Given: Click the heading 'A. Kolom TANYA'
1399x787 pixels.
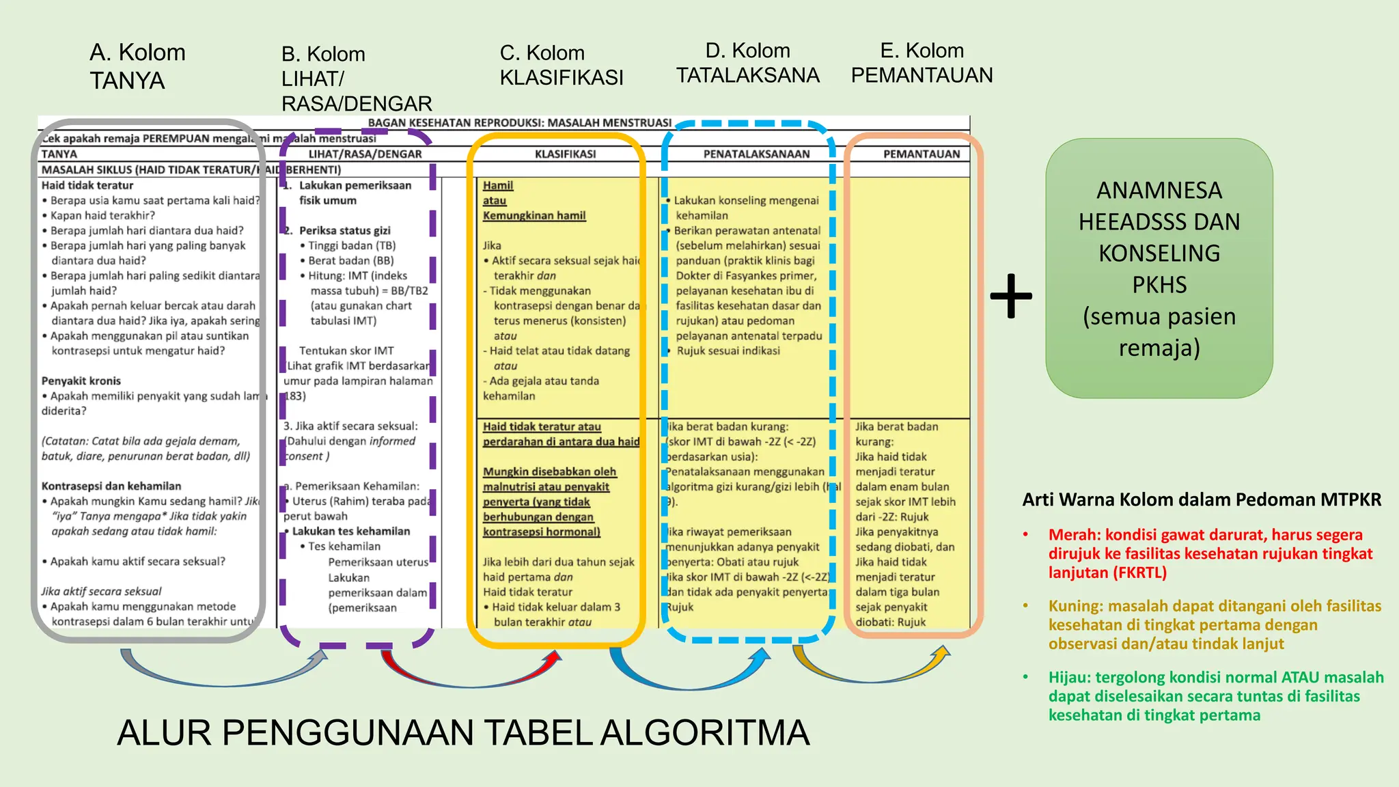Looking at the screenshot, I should point(137,66).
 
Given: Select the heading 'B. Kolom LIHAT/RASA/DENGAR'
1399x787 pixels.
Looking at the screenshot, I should point(356,79).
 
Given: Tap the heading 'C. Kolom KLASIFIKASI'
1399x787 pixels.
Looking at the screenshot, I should point(561,65).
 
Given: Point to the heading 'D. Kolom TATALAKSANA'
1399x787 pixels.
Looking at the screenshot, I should point(747,63).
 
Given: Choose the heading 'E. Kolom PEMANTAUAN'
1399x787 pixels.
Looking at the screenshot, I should point(922,63).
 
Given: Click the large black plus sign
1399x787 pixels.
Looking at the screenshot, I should point(1011,296).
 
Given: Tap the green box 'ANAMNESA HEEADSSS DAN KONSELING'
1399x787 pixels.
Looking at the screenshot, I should point(1159,268).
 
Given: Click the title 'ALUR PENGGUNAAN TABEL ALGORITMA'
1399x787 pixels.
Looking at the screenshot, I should point(463,733).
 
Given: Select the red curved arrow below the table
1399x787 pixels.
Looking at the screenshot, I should point(471,673).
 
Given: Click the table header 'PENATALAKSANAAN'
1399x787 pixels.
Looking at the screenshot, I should point(756,154).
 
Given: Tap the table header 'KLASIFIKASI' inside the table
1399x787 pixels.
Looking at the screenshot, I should point(565,154).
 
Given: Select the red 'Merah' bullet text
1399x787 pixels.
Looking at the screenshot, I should point(1210,553).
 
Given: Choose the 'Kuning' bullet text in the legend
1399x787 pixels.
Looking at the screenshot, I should point(1214,624).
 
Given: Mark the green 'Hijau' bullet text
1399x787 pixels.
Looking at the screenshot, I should point(1215,696).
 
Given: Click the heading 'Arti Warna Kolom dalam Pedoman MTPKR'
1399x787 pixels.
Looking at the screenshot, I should point(1202,499).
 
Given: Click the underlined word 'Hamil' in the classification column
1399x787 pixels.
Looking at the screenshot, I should point(497,185).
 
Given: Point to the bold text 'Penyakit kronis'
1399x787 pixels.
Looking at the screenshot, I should point(81,381).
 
